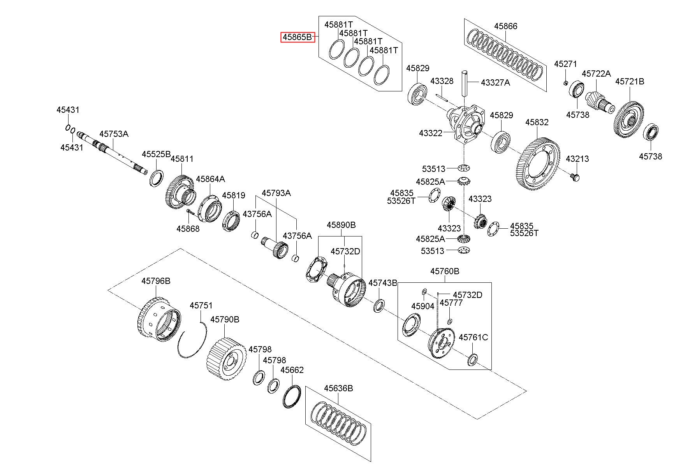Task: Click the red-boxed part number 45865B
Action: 298,37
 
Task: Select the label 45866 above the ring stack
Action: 506,26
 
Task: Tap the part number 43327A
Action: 495,82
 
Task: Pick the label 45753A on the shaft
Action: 114,134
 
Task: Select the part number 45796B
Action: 156,281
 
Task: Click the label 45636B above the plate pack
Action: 338,389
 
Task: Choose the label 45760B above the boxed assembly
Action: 445,271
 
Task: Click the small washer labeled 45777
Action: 450,322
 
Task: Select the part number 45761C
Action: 473,337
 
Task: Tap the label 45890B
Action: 341,225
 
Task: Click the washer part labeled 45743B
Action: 378,306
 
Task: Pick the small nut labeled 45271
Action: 566,82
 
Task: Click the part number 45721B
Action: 630,82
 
